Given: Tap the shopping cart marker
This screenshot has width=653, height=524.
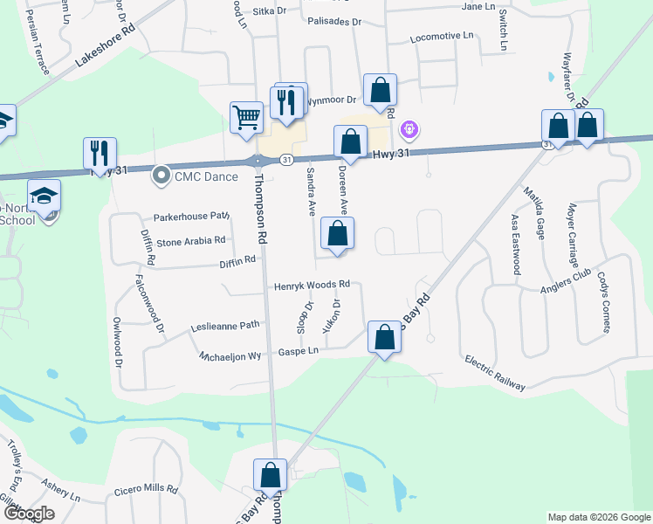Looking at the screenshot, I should click(x=247, y=117).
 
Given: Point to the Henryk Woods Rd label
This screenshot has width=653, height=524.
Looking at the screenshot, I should click(x=312, y=286).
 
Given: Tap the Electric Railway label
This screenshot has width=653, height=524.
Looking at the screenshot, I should click(x=495, y=373).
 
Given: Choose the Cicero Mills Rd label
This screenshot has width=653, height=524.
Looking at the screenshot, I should click(x=146, y=491).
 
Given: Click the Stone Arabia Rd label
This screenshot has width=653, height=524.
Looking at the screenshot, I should click(x=190, y=239).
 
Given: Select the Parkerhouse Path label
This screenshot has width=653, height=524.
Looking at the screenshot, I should click(x=190, y=216).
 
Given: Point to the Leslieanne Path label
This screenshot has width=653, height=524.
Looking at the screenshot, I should click(x=225, y=327).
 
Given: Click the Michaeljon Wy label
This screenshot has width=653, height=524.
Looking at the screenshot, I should click(x=230, y=356).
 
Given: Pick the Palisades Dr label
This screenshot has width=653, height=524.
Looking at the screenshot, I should click(x=333, y=22).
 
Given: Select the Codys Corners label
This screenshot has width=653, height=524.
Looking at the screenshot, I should click(x=603, y=302).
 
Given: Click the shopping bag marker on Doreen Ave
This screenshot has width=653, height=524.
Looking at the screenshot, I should click(x=337, y=233).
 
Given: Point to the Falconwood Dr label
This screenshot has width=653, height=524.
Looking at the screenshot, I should click(x=148, y=306).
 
